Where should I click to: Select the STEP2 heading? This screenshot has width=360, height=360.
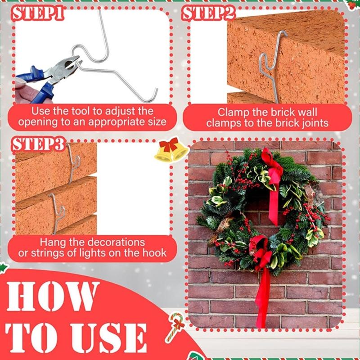(208, 13)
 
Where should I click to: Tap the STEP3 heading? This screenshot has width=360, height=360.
(38, 144)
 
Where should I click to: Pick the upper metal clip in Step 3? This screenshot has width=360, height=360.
(72, 162)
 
